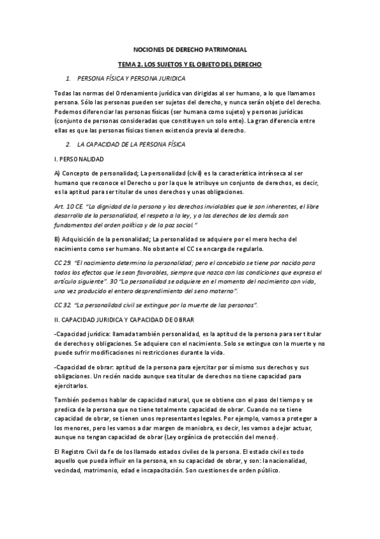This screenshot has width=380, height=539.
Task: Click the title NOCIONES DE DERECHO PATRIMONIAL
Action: pyautogui.click(x=190, y=50)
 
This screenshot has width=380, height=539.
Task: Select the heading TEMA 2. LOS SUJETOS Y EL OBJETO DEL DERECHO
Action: pyautogui.click(x=190, y=65)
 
